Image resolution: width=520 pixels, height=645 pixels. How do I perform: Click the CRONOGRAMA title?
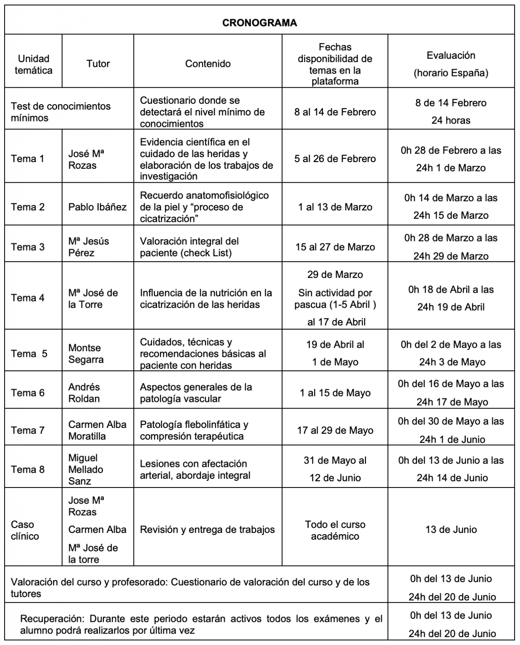(x=259, y=23)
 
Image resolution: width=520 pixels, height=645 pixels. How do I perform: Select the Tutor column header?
(x=98, y=64)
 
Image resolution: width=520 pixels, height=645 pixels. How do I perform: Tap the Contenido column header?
(x=207, y=64)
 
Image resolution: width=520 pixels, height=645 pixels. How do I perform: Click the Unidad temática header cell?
(x=33, y=64)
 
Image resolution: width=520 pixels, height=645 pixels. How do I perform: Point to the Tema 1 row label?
(x=27, y=159)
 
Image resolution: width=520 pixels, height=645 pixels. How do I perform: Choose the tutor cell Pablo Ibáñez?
(x=97, y=207)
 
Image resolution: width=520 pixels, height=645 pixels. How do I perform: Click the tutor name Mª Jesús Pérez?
(x=89, y=247)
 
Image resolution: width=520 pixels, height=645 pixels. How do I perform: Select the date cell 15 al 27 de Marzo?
(x=335, y=247)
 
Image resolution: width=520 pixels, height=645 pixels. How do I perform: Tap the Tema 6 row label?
(x=27, y=393)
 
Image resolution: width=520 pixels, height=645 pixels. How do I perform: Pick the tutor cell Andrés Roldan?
(x=84, y=393)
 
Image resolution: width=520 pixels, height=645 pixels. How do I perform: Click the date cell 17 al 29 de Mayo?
(x=335, y=430)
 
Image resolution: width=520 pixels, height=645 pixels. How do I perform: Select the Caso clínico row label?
(x=25, y=530)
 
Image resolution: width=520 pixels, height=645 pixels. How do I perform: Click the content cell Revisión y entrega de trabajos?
(x=207, y=530)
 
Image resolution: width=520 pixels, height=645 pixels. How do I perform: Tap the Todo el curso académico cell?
(x=335, y=530)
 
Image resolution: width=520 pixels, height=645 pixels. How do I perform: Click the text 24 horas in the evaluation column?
(x=451, y=121)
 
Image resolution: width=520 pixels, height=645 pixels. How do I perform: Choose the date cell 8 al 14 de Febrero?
(x=335, y=112)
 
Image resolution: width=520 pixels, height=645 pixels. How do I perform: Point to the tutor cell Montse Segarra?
(x=86, y=354)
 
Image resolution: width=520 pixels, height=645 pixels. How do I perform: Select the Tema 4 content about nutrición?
(x=206, y=299)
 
